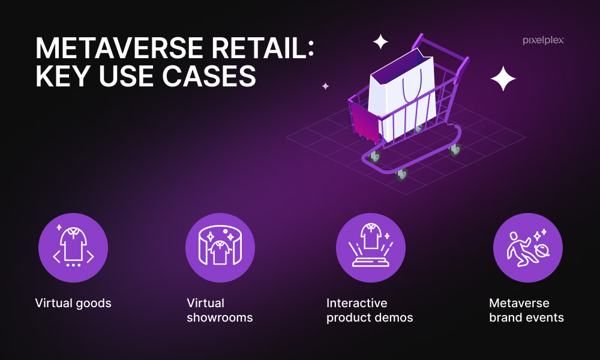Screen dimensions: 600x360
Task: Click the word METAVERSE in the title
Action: point(120,49)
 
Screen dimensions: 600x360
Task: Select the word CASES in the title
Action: point(209,76)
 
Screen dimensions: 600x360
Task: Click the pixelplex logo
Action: point(543,41)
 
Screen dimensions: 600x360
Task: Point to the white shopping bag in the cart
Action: point(402,94)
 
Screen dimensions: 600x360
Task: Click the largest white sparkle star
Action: point(503,79)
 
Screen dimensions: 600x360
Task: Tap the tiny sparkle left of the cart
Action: point(325,86)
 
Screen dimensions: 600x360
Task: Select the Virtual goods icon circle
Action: point(73,248)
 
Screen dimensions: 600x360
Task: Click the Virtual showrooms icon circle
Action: point(220,248)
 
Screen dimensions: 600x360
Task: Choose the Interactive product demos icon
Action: point(370,248)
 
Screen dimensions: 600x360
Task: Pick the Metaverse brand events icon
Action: point(527,248)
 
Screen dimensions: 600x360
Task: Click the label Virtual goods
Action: point(73,304)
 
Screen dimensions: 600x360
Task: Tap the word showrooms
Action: point(220,317)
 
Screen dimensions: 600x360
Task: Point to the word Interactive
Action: point(356,303)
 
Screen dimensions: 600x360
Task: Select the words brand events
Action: point(527,317)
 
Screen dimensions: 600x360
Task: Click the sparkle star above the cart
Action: point(380,42)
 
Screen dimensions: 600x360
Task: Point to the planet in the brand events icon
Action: point(542,251)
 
